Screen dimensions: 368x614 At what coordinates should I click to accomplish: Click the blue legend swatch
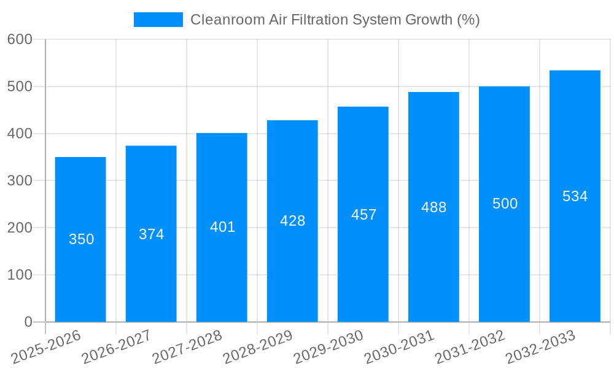(x=158, y=20)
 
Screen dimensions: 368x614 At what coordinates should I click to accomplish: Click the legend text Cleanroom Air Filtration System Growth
(x=335, y=20)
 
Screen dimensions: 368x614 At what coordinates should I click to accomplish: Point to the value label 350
(x=82, y=239)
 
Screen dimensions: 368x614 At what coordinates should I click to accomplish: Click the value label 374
(x=152, y=234)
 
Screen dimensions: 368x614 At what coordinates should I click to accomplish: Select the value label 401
(x=223, y=227)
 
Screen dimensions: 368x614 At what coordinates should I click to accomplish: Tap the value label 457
(x=364, y=215)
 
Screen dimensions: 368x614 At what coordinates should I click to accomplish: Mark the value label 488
(x=434, y=207)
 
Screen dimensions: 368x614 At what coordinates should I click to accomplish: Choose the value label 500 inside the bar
(x=505, y=204)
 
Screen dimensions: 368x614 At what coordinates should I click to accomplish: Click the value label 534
(x=575, y=196)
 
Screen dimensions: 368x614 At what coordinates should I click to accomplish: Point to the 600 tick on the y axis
(x=20, y=39)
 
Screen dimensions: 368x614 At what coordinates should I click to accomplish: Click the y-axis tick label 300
(x=20, y=181)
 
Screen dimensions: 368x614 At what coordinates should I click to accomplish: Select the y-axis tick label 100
(x=20, y=275)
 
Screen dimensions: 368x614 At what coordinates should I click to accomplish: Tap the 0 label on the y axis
(x=28, y=322)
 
